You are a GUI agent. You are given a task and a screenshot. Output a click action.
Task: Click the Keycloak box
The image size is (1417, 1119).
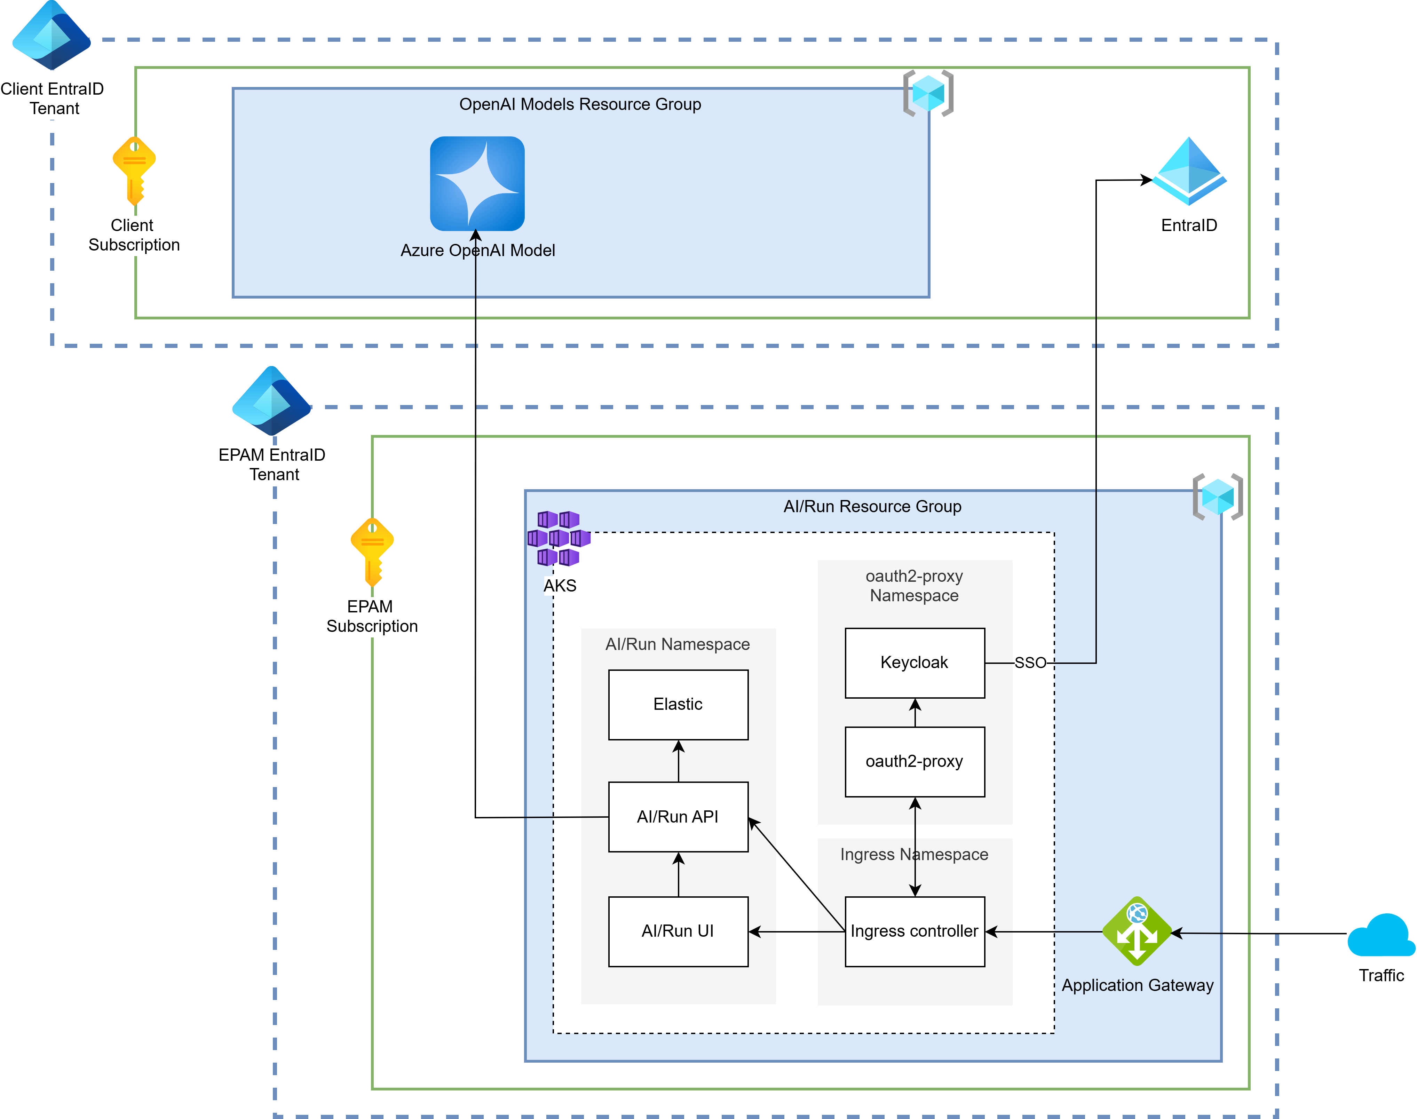pos(915,663)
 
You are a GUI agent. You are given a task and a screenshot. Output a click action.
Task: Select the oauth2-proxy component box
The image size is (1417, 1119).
pos(915,762)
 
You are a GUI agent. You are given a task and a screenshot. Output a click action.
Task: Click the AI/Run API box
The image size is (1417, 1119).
pos(678,817)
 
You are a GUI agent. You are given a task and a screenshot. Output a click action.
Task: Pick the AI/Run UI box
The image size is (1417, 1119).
pos(678,931)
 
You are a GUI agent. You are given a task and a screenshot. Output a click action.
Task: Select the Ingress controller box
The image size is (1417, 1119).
pos(915,931)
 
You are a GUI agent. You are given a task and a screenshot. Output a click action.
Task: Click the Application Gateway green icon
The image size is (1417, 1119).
pos(1137,931)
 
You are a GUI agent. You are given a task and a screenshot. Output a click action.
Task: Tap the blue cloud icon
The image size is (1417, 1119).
pos(1380,936)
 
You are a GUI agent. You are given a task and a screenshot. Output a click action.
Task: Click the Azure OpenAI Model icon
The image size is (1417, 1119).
pos(477,183)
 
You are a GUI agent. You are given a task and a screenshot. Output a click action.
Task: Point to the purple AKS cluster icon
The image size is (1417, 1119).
pos(559,539)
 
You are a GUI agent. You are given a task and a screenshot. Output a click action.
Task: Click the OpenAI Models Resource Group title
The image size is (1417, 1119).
pos(580,104)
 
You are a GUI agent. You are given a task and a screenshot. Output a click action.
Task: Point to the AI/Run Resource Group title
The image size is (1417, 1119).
pos(872,506)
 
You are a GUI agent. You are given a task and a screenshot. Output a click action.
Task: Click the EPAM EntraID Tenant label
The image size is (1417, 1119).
pos(272,465)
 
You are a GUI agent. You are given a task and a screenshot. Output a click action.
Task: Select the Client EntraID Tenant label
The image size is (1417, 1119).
pos(53,98)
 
